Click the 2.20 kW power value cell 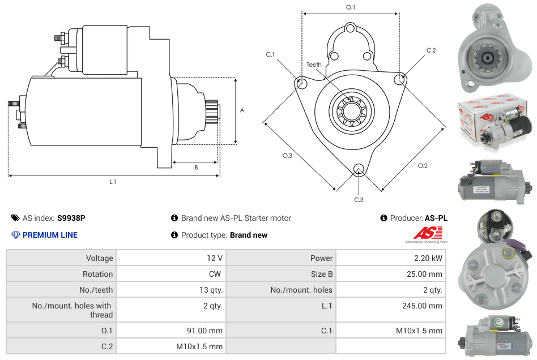[x=428, y=258]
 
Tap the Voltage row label [x=99, y=258]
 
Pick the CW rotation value [x=215, y=274]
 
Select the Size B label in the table [x=321, y=274]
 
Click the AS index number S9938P [x=71, y=218]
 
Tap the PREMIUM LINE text [x=50, y=235]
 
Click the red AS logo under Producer [x=424, y=233]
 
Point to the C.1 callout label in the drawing [x=270, y=54]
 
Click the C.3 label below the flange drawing [x=359, y=199]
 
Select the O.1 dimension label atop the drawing [x=351, y=7]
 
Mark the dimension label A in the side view [x=242, y=110]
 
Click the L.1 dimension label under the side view [x=113, y=182]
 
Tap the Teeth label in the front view [x=314, y=65]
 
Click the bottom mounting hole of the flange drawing [x=358, y=169]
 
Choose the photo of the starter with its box [x=495, y=121]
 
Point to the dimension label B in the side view [x=196, y=168]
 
